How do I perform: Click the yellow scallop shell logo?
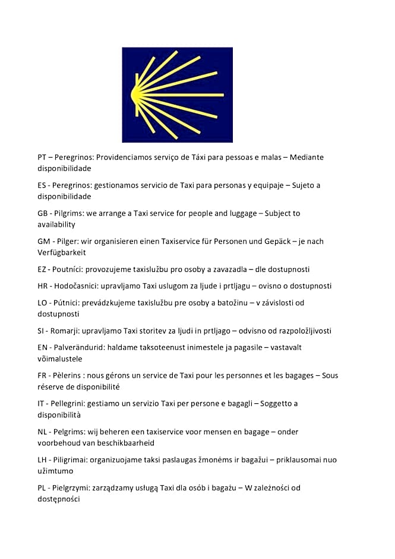(177, 95)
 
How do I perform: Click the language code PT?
(42, 157)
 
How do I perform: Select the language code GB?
(43, 213)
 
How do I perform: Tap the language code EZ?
(42, 269)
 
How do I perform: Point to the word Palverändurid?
(80, 347)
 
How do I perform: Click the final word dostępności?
(58, 500)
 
